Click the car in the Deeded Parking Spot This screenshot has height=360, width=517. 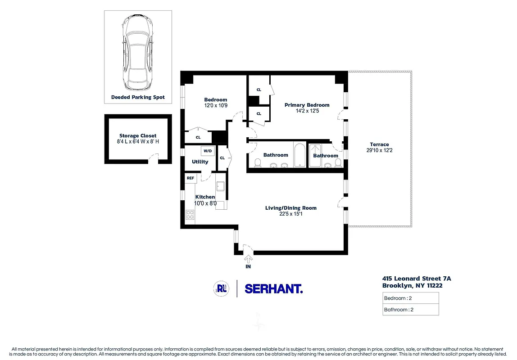click(138, 53)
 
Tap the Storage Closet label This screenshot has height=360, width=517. click(138, 135)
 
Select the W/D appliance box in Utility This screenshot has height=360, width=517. click(208, 151)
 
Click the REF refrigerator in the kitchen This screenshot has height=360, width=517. click(190, 178)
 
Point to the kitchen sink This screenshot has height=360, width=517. click(221, 186)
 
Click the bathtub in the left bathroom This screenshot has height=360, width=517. click(300, 155)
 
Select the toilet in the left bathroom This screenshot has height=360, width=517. click(258, 163)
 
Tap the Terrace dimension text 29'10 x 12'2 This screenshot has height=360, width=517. click(379, 151)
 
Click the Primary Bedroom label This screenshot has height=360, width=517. click(307, 105)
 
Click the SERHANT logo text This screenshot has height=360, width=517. click(273, 288)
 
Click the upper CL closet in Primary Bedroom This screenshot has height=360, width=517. click(259, 90)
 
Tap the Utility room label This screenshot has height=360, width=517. click(200, 162)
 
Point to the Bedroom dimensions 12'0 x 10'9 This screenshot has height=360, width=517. click(215, 105)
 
